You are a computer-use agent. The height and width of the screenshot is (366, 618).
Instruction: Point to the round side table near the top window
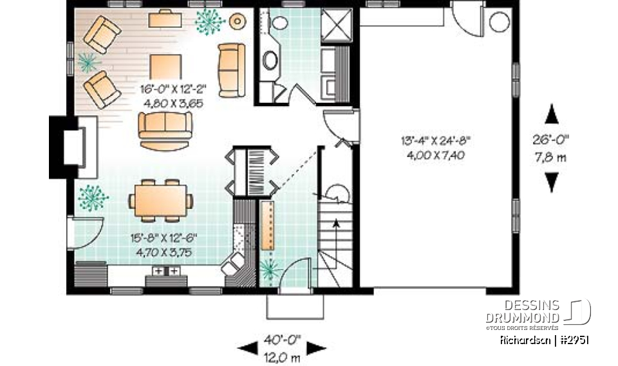click(x=238, y=21)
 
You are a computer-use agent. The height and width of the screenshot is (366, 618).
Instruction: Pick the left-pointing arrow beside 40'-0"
click(x=247, y=348)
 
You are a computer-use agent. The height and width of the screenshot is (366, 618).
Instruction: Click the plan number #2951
click(x=573, y=340)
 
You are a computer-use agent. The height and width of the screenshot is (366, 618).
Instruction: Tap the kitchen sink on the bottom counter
click(x=165, y=271)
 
